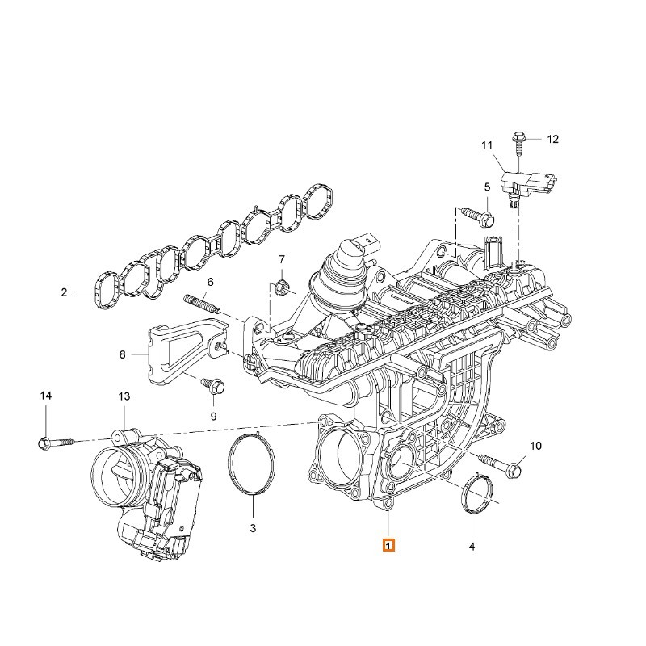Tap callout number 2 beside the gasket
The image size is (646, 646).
coord(64,292)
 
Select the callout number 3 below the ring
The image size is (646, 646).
coord(253,528)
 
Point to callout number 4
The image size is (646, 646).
coord(472,547)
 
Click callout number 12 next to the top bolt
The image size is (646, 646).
coord(553,139)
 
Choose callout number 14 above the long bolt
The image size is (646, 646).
coord(46,396)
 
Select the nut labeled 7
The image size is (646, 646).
coord(281,285)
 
